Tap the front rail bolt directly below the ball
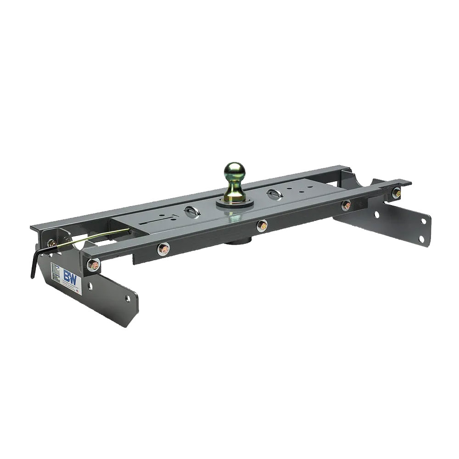pos(262,225)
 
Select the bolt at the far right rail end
pos(396,193)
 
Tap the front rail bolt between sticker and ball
pos(163,249)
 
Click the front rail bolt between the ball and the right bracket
pos(346,205)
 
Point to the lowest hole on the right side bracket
pos(423,238)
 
